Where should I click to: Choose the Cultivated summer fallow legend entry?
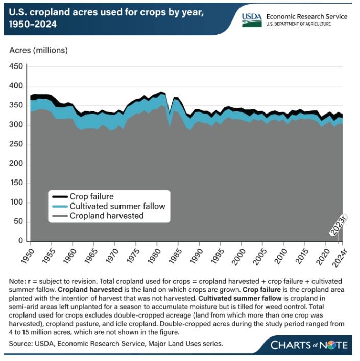point(118,206)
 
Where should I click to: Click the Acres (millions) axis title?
point(39,50)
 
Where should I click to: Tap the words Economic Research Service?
point(307,16)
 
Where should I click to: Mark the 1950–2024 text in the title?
point(36,24)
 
